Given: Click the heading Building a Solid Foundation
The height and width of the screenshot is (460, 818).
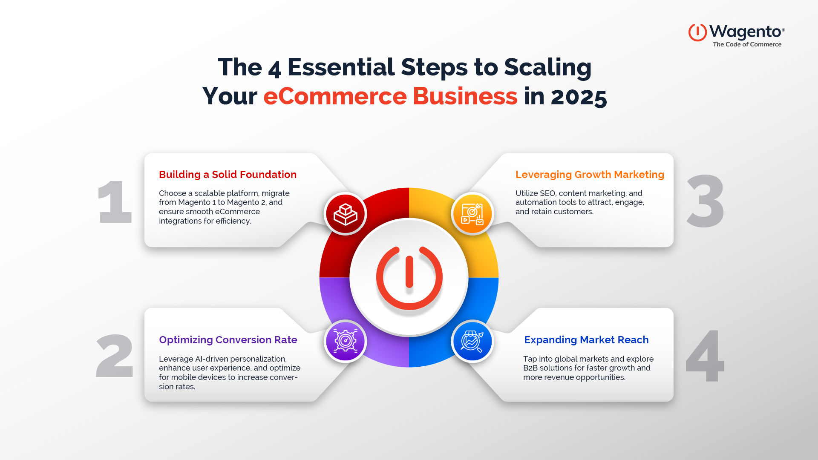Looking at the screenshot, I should pos(228,175).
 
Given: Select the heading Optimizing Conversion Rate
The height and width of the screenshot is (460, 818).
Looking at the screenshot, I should pos(228,340).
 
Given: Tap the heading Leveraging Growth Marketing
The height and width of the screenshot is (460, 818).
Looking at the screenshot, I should pos(590,175).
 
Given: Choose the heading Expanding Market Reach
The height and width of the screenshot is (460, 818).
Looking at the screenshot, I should pos(586,340).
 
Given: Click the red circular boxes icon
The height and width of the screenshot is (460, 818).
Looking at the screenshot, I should pos(346,214).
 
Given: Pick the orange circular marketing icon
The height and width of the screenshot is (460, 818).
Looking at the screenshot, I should pos(472,214).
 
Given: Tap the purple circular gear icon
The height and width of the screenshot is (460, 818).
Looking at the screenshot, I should pos(346,341).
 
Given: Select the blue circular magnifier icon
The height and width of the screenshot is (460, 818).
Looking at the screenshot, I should pos(472,341).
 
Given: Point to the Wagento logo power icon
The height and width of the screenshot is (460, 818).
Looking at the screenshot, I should pos(697,32).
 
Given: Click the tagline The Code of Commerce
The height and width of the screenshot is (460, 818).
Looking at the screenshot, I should pos(747,44).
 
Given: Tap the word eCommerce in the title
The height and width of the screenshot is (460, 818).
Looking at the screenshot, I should pos(335,96).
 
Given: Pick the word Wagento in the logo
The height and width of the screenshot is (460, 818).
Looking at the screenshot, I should pos(745,32).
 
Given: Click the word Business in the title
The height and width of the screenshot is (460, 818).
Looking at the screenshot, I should pos(465,96).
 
